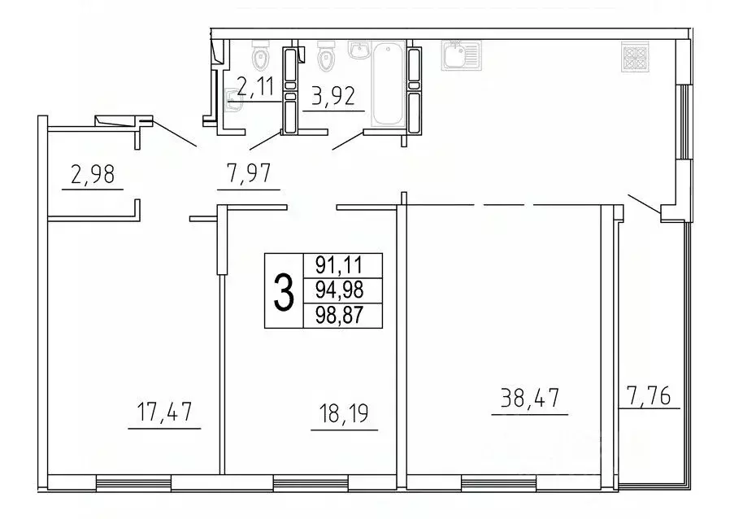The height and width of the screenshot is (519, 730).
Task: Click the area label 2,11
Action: tap(254, 85)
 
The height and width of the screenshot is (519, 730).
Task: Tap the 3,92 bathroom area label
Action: tap(333, 98)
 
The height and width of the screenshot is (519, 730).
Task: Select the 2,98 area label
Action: tap(91, 176)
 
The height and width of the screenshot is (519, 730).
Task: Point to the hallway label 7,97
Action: tap(249, 174)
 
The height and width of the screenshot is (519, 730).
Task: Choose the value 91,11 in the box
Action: tap(342, 265)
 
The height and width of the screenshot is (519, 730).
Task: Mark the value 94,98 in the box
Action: tap(342, 290)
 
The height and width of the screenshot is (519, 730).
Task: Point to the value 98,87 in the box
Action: tap(342, 315)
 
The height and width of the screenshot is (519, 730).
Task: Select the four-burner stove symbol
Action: tap(632, 55)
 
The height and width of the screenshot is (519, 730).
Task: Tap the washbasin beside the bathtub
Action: tap(358, 50)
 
